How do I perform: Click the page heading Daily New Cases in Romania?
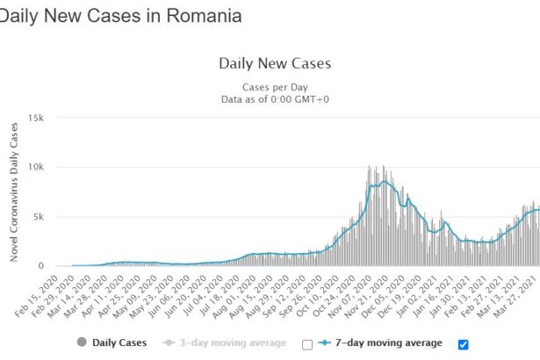(120, 16)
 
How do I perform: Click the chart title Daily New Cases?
(275, 64)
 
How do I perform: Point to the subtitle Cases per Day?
(275, 88)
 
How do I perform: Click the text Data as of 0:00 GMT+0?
(275, 99)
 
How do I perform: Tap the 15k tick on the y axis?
(36, 119)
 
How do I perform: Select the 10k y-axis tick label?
(36, 167)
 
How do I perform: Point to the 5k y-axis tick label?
(39, 217)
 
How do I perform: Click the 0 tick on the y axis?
(41, 266)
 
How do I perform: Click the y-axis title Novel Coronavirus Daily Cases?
(14, 192)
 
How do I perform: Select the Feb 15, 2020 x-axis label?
(37, 297)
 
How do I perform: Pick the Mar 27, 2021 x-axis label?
(515, 297)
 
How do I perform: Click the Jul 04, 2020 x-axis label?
(203, 296)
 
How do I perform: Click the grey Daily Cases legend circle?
(82, 342)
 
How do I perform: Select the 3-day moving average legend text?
(234, 343)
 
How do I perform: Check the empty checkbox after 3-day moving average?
(307, 344)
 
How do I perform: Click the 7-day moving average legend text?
(389, 343)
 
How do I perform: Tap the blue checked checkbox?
(464, 344)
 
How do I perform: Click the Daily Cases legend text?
(119, 343)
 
